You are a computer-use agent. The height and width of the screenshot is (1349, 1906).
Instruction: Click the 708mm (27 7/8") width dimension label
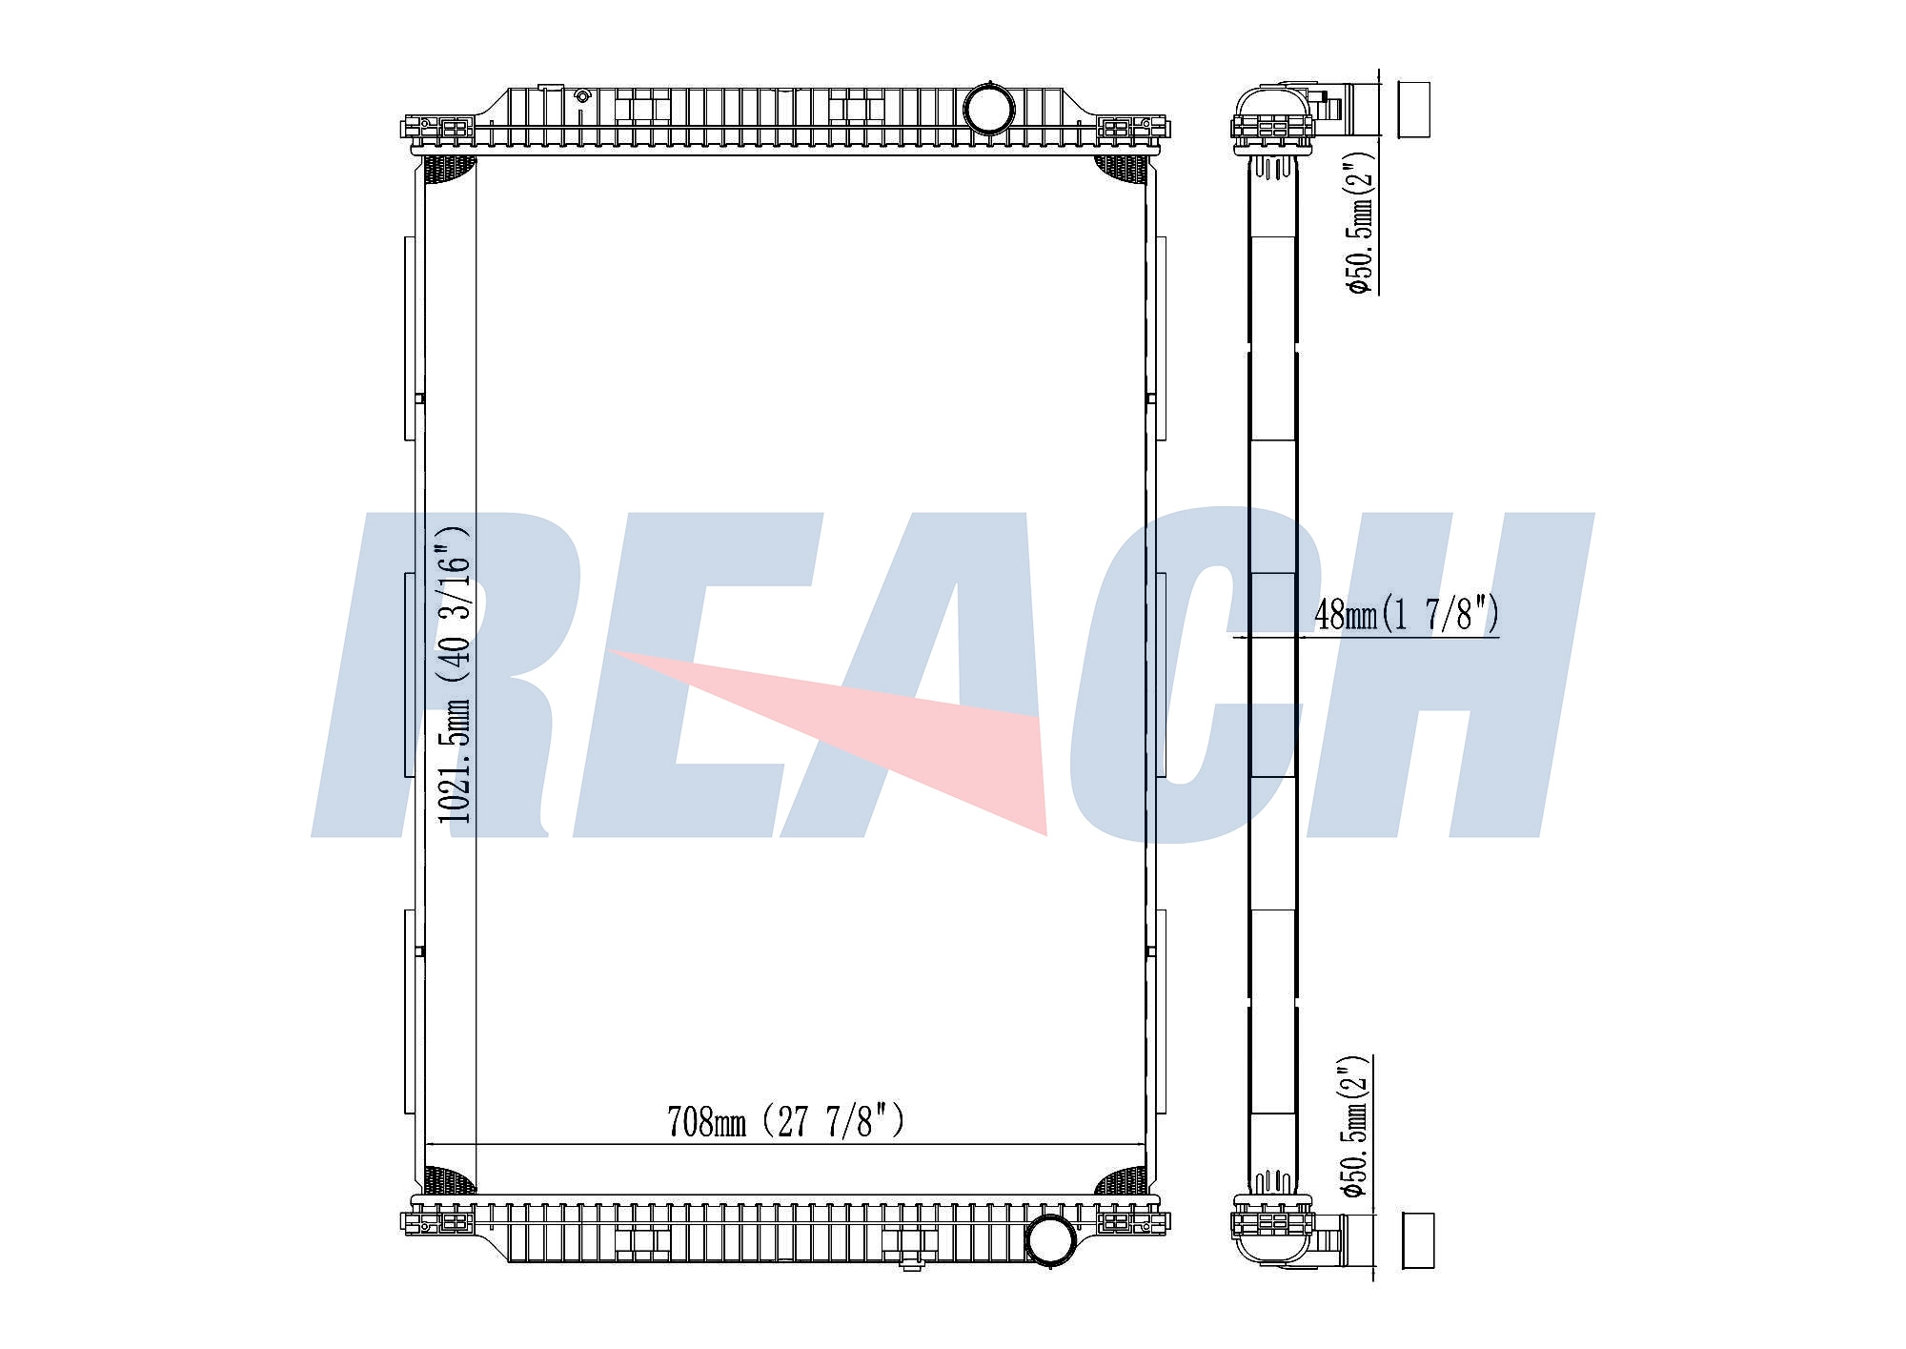coord(785,1121)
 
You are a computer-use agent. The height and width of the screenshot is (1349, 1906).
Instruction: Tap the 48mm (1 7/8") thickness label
coord(1407,614)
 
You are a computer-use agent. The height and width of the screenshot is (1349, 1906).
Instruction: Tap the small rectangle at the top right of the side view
coord(1414,110)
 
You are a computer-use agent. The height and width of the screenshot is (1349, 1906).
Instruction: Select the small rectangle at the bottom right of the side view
coord(1418,1240)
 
